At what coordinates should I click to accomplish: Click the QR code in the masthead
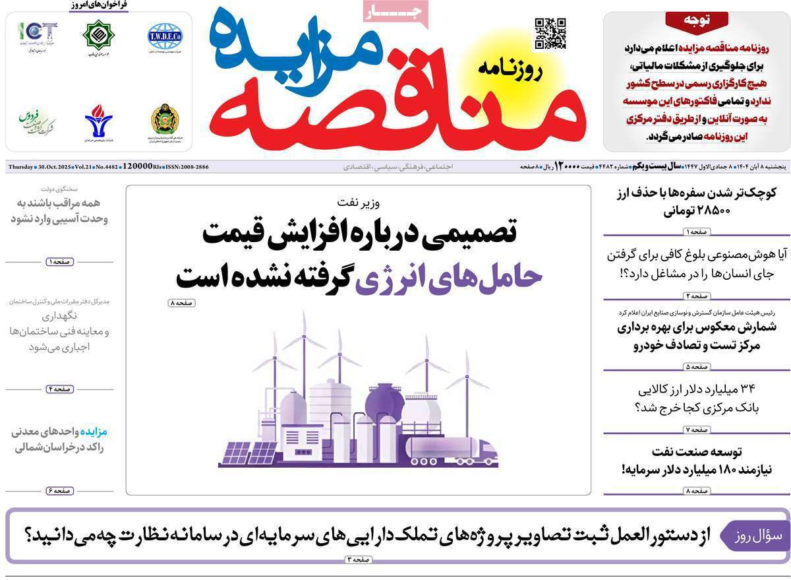coord(550,34)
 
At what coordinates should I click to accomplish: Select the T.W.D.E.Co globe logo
coord(165,35)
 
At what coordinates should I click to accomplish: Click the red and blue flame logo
coord(98,119)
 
